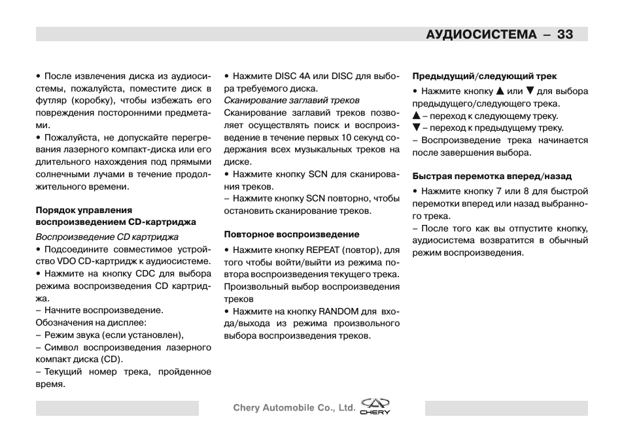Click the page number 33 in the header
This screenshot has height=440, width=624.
pos(565,34)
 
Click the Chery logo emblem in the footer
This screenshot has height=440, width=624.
pos(375,406)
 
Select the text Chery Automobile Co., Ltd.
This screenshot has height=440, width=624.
pos(294,408)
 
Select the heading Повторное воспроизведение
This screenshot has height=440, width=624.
pos(292,234)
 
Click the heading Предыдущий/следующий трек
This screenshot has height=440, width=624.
pos(484,76)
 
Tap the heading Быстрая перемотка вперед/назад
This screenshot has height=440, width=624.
pos(492,176)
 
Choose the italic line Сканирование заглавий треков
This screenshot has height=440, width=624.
pos(292,101)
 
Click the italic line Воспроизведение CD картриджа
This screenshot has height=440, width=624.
pos(107,237)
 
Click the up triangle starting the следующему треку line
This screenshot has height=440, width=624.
pos(415,116)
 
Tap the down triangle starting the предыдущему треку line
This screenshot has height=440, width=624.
pos(415,128)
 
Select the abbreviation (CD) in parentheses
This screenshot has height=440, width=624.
pos(110,360)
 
